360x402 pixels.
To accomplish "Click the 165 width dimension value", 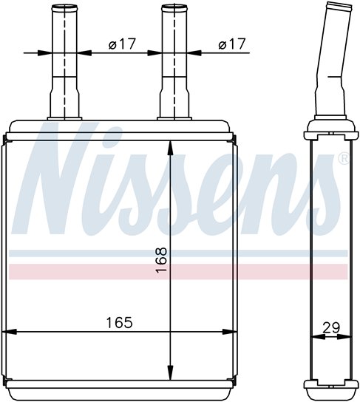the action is (120, 322).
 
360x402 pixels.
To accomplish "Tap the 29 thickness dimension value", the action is (331, 327).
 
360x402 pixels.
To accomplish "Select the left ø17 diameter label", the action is (122, 44).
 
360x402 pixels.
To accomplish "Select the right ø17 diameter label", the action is (232, 44).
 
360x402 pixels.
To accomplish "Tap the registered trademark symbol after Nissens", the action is (344, 158).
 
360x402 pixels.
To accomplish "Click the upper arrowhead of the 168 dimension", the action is (170, 148).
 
